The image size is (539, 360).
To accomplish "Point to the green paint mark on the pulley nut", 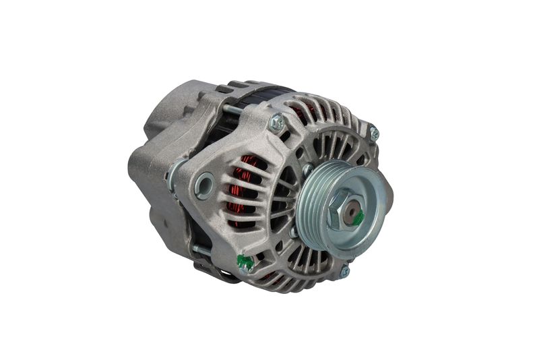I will point(359,218).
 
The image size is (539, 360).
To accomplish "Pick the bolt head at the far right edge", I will point(374,133).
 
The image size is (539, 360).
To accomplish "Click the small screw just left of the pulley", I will point(307,169).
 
